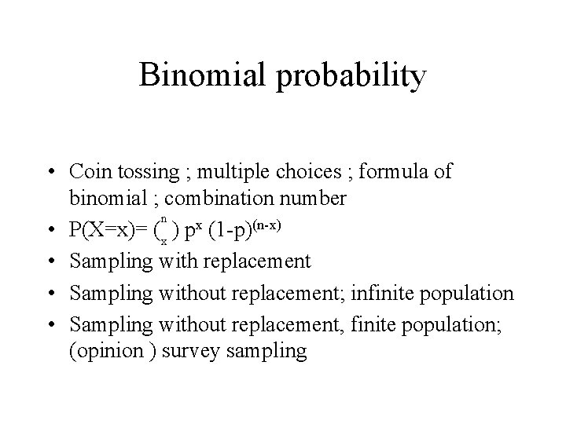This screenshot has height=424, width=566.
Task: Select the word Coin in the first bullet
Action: coord(89,171)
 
